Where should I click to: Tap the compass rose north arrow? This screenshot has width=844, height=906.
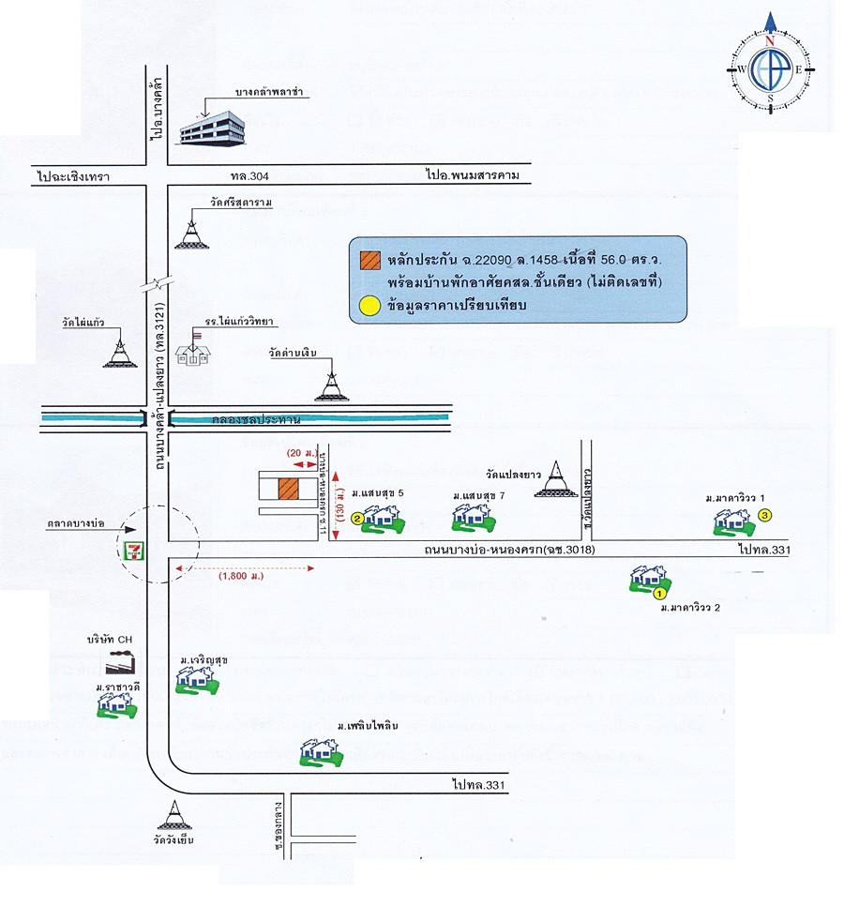tap(769, 24)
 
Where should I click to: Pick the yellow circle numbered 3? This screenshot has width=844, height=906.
tap(765, 514)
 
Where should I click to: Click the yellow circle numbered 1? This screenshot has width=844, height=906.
tap(659, 593)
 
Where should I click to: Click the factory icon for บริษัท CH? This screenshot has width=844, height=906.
tap(119, 661)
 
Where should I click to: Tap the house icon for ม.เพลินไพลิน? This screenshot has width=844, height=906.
tap(319, 751)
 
